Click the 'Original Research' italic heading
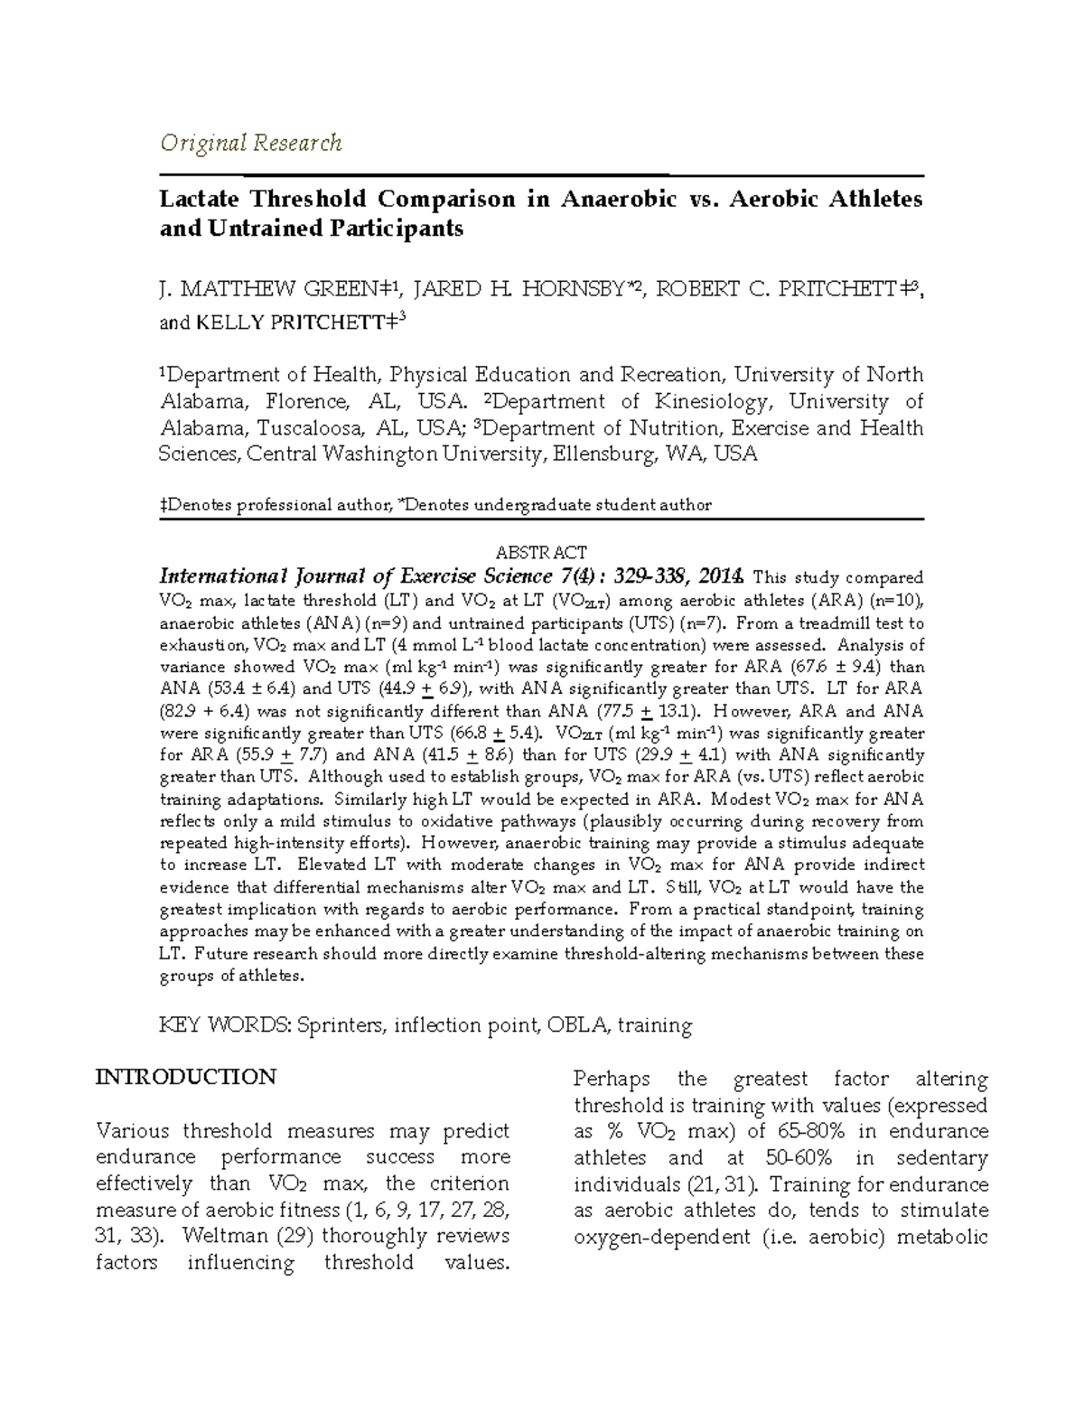pos(250,143)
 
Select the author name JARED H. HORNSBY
pos(522,289)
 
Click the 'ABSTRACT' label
pos(542,553)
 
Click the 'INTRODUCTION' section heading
pos(186,1077)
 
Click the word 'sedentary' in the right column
pos(942,1158)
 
